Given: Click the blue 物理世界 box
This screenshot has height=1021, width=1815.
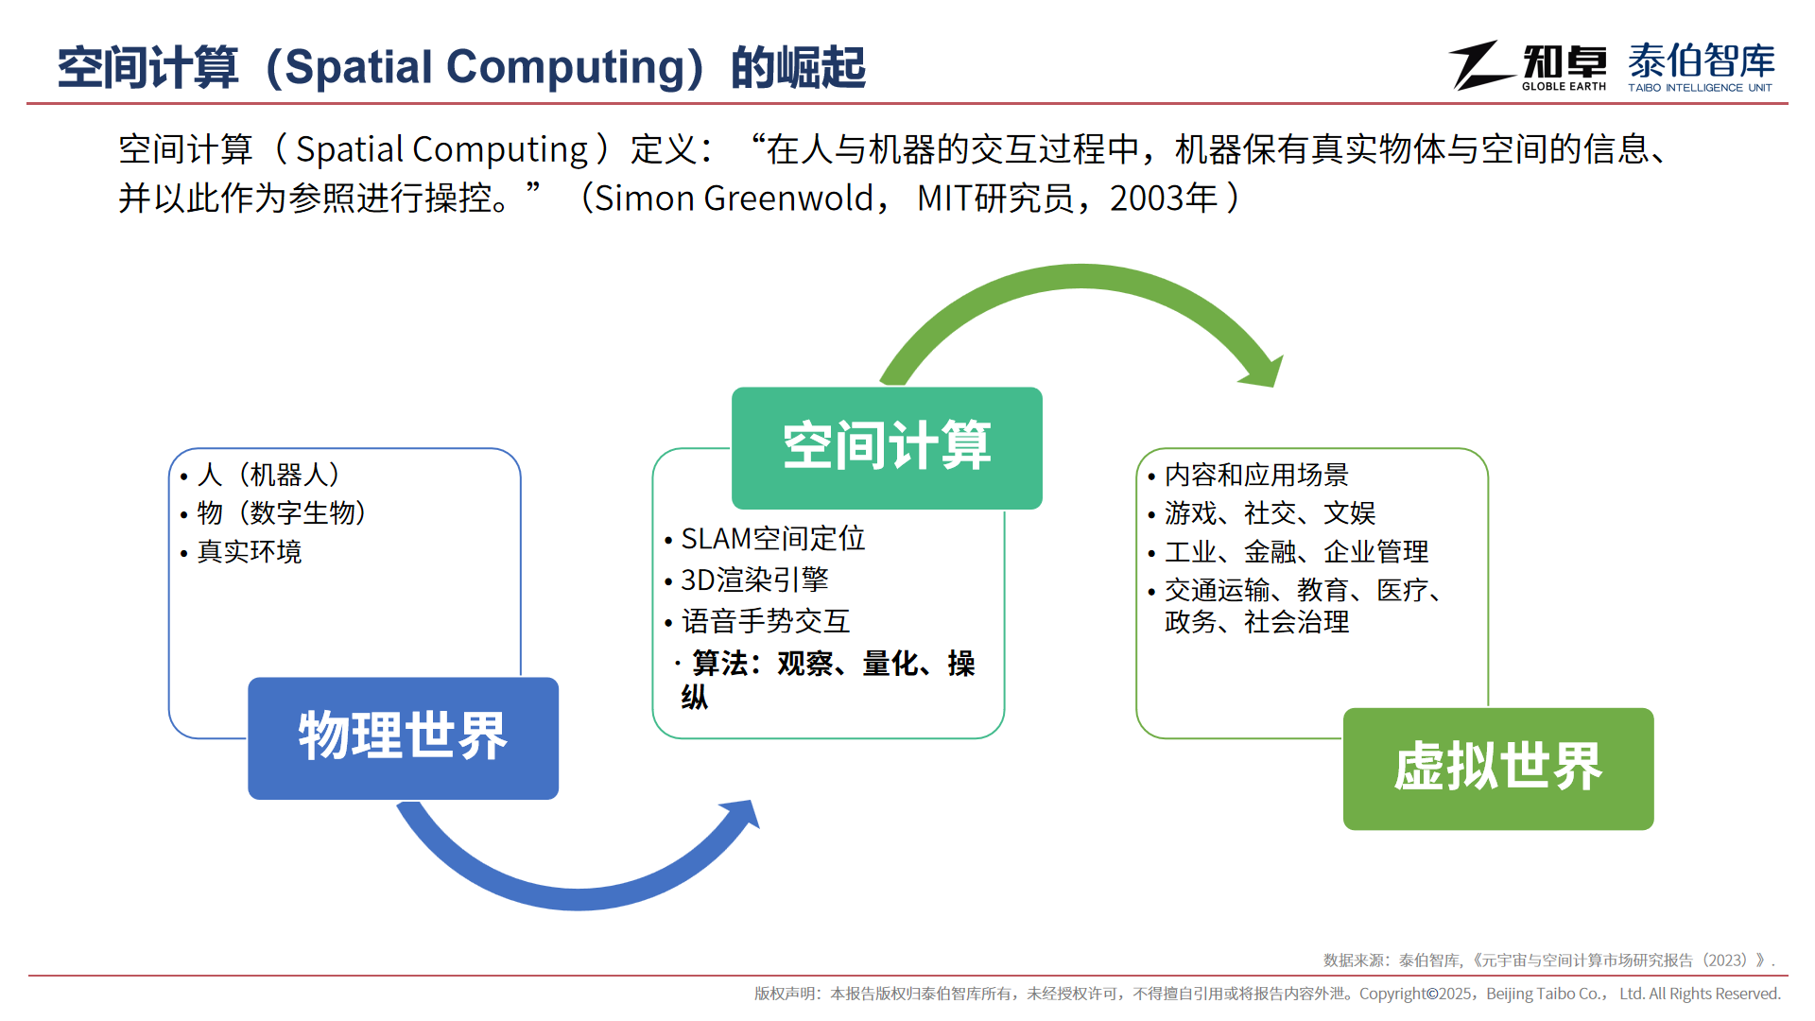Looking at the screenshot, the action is tap(403, 738).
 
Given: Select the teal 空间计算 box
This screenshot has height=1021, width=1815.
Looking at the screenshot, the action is tap(887, 448).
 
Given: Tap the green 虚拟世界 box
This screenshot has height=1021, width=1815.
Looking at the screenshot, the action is tap(1498, 769).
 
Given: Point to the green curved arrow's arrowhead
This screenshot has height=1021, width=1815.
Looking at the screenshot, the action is tap(1263, 371).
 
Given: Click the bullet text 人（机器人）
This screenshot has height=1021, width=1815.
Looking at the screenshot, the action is tap(268, 475).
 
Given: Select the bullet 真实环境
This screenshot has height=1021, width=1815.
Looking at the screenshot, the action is tap(250, 552).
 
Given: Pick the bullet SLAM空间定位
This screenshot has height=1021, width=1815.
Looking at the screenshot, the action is tap(773, 539).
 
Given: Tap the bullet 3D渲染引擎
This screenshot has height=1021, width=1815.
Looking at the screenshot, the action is tap(754, 580).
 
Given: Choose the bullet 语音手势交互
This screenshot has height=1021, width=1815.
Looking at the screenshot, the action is tap(766, 621).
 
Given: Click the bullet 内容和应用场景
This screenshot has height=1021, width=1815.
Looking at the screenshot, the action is tap(1256, 475).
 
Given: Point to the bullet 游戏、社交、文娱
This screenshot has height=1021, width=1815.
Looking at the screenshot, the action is tap(1270, 513).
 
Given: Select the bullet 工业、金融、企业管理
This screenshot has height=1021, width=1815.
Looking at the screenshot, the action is tap(1296, 552).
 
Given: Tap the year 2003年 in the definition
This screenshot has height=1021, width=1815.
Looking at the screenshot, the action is tap(1164, 199).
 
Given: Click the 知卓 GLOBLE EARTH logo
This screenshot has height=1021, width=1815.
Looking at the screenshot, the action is tap(1529, 66).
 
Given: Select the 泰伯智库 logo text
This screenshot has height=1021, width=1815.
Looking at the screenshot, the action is tap(1702, 61).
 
